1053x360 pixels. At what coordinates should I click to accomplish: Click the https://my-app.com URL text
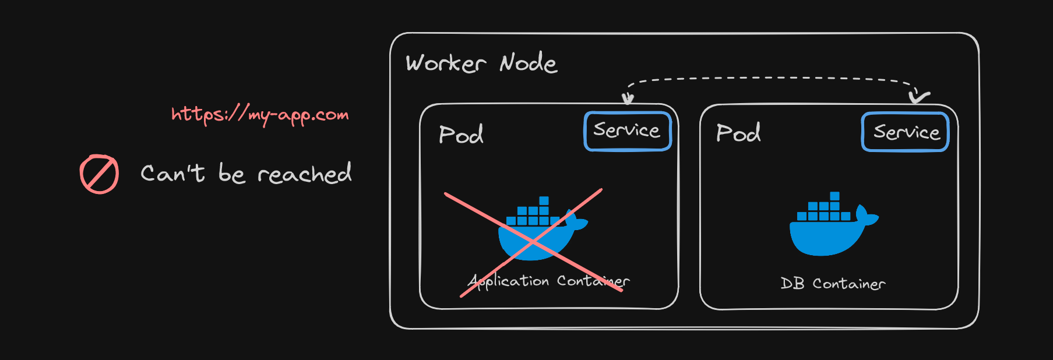tap(260, 115)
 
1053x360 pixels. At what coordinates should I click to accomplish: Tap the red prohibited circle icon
tap(99, 174)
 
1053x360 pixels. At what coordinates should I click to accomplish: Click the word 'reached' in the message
tap(304, 174)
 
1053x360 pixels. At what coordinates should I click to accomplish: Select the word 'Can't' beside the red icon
tap(172, 173)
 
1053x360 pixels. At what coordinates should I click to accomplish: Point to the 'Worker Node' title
tap(481, 63)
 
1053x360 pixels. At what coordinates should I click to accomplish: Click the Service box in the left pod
tap(628, 131)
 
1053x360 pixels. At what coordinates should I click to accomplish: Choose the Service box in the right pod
tap(905, 132)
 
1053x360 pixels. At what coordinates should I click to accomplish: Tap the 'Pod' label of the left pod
tap(461, 135)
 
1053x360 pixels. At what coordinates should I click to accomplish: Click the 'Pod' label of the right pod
tap(738, 133)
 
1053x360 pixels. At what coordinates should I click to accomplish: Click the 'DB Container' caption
tap(833, 284)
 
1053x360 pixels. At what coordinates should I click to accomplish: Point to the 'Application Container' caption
tap(548, 281)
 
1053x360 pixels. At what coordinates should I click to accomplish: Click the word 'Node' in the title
tap(528, 63)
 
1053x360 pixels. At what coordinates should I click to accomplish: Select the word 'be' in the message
tap(231, 174)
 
